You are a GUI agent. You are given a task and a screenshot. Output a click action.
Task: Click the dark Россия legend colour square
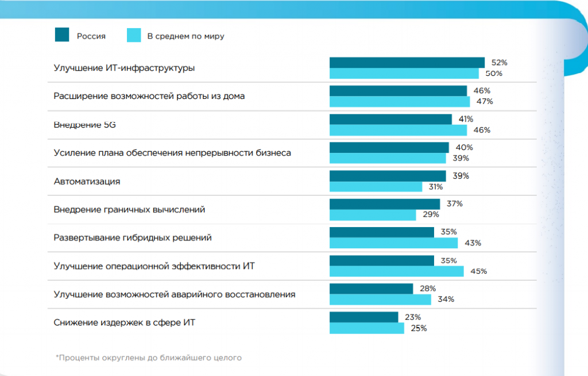click(63, 34)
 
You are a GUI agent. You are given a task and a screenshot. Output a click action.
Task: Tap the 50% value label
click(494, 74)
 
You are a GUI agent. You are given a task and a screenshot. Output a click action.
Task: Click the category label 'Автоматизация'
click(87, 181)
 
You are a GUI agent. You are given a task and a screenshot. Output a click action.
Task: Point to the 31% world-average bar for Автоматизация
click(376, 187)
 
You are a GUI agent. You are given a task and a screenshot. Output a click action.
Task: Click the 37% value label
click(454, 204)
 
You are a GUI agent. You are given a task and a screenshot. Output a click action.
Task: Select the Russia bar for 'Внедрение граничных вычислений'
click(385, 204)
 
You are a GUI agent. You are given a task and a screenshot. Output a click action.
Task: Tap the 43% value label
click(473, 243)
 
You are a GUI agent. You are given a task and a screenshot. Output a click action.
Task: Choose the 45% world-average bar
click(397, 271)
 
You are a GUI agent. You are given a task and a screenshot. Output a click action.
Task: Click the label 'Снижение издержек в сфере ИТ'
click(124, 323)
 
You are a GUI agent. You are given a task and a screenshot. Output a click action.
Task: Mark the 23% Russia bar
click(363, 317)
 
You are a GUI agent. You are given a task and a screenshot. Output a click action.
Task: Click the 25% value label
click(419, 328)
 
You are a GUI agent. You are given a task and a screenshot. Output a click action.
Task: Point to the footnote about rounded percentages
click(149, 358)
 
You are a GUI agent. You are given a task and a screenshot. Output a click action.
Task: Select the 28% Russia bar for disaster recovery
click(371, 289)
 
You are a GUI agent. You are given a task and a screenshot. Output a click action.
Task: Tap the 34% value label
click(446, 300)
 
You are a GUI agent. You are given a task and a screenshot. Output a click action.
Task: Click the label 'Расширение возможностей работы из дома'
click(149, 96)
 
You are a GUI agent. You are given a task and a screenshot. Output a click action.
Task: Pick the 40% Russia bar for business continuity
click(389, 147)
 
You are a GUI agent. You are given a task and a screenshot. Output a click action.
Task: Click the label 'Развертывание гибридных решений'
click(133, 237)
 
